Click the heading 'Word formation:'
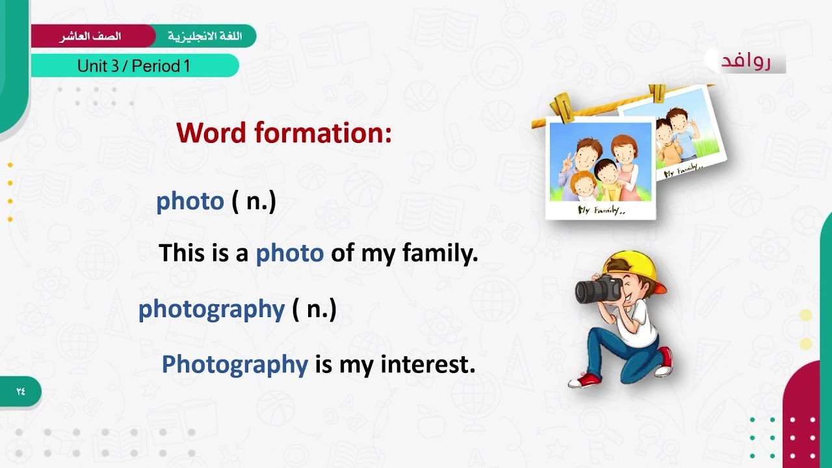click(284, 133)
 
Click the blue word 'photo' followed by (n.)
click(190, 201)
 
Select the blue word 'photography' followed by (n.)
click(211, 309)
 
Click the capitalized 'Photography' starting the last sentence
click(234, 364)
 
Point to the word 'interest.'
click(428, 364)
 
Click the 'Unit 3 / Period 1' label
click(133, 66)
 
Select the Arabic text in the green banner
click(205, 36)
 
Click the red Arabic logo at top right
click(746, 61)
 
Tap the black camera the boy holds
click(597, 290)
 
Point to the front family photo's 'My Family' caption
click(601, 211)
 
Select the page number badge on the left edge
click(21, 391)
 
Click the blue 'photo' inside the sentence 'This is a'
click(289, 253)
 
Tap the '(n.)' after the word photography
click(314, 309)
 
